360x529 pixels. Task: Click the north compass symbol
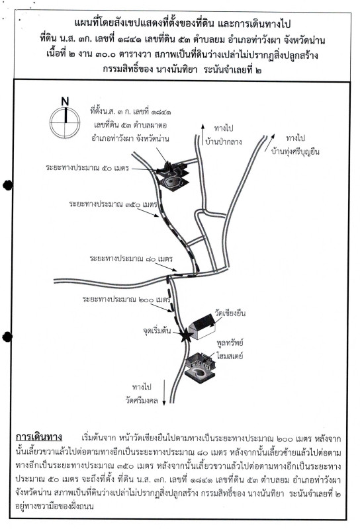[x=65, y=122]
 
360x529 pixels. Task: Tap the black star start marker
[x=185, y=335]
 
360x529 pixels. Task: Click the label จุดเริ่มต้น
[x=157, y=331]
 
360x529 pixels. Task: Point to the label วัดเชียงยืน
[x=230, y=313]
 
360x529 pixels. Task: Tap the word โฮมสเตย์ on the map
[x=230, y=356]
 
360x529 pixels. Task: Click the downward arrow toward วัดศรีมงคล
[x=164, y=392]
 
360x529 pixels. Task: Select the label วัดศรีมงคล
[x=142, y=401]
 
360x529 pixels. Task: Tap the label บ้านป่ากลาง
[x=224, y=142]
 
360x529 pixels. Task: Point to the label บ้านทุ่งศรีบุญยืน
[x=295, y=151]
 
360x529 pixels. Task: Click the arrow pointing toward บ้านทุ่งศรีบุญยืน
[x=269, y=143]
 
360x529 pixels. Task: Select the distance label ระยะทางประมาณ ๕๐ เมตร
[x=87, y=168]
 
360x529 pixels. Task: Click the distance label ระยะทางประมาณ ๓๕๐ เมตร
[x=113, y=204]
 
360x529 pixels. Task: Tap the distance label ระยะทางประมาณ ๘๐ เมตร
[x=131, y=259]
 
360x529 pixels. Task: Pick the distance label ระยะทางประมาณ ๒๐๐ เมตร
[x=126, y=300]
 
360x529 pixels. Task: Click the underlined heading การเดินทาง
[x=39, y=437]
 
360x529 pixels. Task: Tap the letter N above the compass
[x=65, y=102]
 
